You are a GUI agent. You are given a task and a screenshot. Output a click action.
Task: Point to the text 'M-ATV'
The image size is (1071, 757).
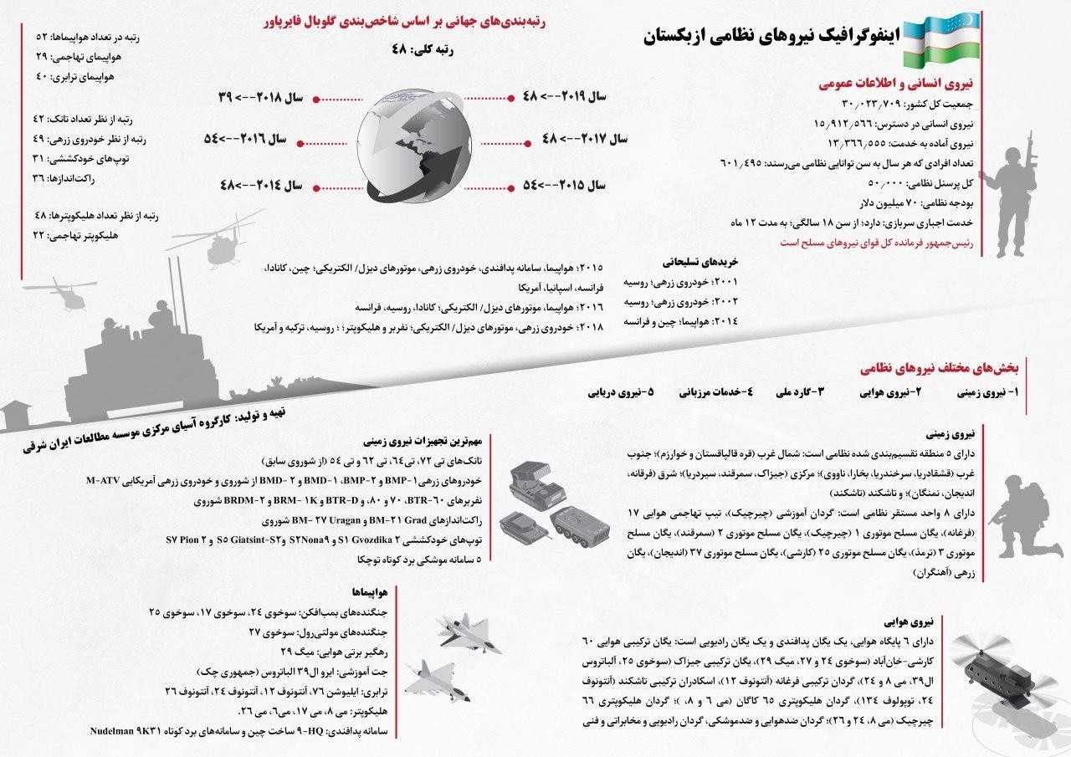(105, 482)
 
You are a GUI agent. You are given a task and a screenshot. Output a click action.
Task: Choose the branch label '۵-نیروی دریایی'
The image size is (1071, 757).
(622, 391)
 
